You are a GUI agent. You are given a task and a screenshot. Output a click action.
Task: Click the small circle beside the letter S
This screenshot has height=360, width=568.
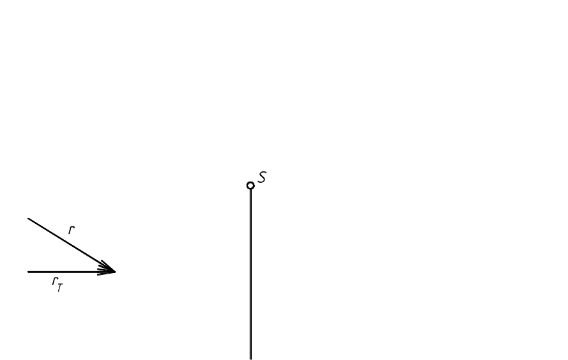pyautogui.click(x=250, y=185)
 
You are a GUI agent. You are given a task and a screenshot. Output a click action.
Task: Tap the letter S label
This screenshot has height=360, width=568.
pyautogui.click(x=262, y=177)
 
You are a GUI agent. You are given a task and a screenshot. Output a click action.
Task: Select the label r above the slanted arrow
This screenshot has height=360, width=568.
pyautogui.click(x=72, y=230)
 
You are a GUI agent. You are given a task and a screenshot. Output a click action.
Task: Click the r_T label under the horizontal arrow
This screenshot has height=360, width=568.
pyautogui.click(x=58, y=283)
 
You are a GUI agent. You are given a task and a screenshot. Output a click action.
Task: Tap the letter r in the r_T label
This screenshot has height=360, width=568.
pyautogui.click(x=55, y=281)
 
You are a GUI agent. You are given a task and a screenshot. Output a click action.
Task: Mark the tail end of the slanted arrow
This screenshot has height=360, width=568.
pyautogui.click(x=28, y=219)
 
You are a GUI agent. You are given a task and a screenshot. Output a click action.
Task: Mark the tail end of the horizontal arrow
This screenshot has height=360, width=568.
pyautogui.click(x=28, y=272)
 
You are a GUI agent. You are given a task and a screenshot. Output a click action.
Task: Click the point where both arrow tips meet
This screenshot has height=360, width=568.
pyautogui.click(x=115, y=272)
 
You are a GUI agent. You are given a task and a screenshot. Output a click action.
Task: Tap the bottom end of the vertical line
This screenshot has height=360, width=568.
pyautogui.click(x=250, y=359)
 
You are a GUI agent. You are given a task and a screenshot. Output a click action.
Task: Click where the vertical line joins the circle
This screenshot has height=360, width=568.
pyautogui.click(x=250, y=189)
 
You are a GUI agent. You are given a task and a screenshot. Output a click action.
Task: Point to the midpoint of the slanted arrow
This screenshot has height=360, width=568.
pyautogui.click(x=72, y=245)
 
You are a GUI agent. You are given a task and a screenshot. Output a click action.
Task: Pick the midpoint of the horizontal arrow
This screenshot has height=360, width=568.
pyautogui.click(x=72, y=272)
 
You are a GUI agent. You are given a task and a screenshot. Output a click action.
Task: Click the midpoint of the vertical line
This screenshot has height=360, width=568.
pyautogui.click(x=250, y=274)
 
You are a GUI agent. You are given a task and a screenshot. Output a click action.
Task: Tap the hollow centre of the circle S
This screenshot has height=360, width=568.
pyautogui.click(x=250, y=185)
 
